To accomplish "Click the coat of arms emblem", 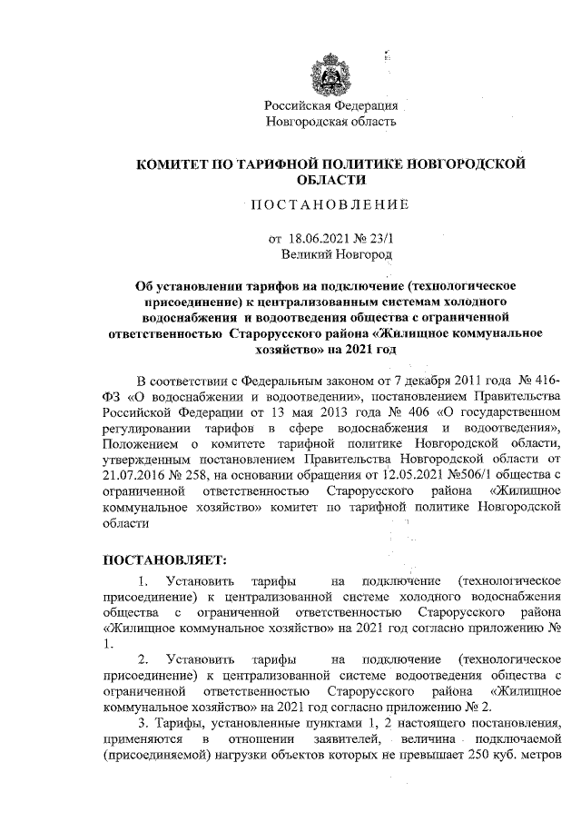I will [329, 74].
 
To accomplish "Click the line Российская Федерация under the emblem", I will [330, 105].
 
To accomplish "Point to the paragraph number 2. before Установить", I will [143, 658].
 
